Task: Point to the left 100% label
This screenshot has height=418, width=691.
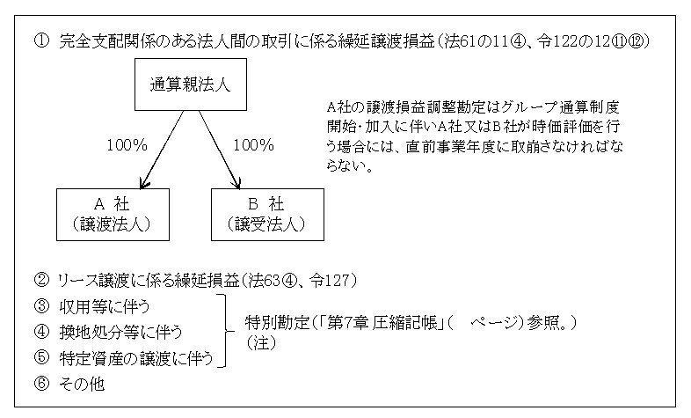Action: (127, 145)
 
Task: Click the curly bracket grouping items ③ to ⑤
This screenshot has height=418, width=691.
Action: (227, 331)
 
